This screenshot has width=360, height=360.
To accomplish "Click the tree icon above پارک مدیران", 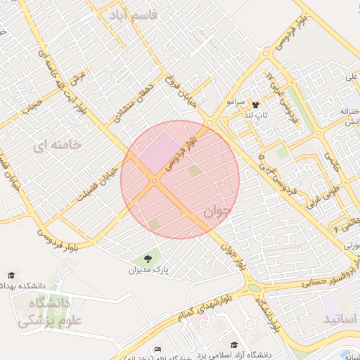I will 148,259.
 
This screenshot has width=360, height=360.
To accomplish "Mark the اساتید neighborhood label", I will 340,319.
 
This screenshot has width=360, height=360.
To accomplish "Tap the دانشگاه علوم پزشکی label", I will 45,312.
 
